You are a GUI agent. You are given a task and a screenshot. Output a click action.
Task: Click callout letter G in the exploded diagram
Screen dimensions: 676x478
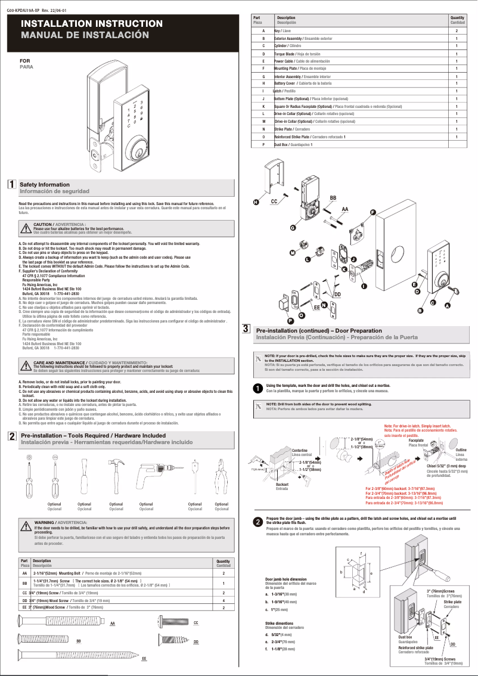tap(293, 228)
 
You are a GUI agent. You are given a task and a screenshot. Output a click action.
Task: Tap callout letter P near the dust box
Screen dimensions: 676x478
tap(290, 321)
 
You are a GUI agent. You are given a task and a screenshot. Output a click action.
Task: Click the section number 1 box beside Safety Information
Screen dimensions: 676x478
tap(11, 184)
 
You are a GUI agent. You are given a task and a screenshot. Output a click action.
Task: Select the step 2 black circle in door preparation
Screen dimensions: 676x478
tap(257, 522)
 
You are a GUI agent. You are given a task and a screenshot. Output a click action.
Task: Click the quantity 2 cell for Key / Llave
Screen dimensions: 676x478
tap(457, 30)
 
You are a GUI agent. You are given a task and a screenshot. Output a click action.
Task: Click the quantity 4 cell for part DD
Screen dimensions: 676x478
tap(223, 600)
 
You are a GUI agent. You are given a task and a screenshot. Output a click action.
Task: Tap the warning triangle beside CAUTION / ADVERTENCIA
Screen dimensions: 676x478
tap(26, 228)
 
